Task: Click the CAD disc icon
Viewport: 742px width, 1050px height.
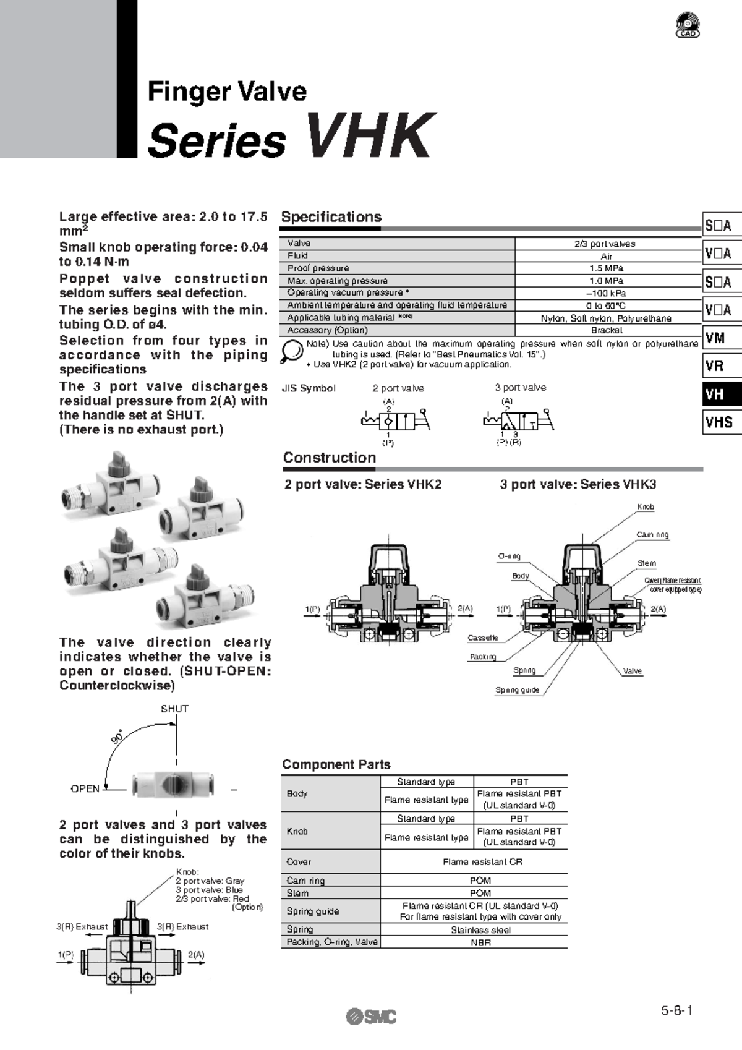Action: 688,25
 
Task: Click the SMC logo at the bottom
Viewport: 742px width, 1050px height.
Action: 371,1015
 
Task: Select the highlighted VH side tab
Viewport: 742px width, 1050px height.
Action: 721,395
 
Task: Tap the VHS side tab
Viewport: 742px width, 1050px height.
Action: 721,422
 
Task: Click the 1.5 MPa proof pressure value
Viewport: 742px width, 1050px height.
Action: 606,268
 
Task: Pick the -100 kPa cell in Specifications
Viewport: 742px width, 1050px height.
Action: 606,293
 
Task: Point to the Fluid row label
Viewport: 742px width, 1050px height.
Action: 297,256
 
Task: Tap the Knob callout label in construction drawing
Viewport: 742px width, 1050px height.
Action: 646,507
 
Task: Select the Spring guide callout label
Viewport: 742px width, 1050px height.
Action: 517,690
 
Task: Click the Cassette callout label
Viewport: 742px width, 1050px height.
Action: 482,638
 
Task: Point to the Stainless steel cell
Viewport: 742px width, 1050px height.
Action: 480,930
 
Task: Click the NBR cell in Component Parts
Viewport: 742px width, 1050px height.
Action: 480,942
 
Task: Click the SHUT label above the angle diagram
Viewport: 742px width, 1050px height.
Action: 174,709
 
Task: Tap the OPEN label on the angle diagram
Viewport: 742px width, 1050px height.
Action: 85,788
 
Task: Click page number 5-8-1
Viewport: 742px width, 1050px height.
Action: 676,1011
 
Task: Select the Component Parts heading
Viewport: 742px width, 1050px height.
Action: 336,764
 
